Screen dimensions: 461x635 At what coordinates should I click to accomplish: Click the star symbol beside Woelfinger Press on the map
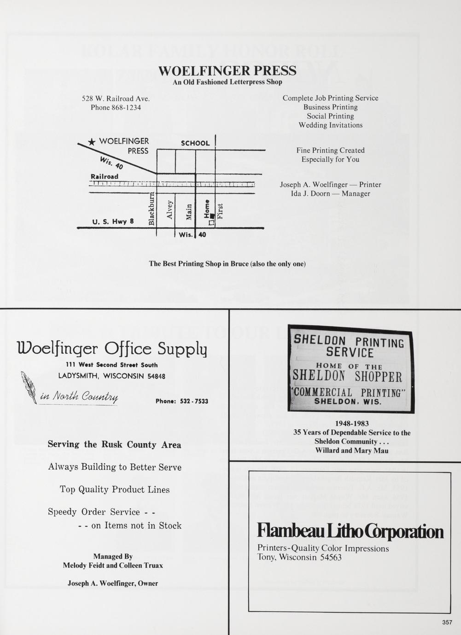(92, 142)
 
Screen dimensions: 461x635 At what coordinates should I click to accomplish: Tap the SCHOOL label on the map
(195, 143)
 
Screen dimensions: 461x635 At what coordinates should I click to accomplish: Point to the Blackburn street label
(152, 209)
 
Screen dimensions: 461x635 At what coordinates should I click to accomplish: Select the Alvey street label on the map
(170, 210)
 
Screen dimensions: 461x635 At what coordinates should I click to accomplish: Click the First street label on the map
(220, 211)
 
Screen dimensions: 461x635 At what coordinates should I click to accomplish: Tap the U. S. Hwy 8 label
(113, 221)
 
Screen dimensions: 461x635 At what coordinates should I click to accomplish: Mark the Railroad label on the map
(105, 176)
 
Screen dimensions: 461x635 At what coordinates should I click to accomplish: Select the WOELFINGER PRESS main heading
(228, 70)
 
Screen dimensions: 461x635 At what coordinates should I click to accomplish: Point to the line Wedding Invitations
(331, 125)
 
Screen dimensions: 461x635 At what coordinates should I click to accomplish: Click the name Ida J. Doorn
(310, 193)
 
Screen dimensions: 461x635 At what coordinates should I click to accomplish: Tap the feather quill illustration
(29, 387)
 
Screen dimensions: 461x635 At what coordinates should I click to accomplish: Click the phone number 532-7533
(194, 401)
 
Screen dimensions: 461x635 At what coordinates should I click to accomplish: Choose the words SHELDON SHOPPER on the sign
(348, 377)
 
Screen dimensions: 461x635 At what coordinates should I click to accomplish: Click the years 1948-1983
(352, 424)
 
